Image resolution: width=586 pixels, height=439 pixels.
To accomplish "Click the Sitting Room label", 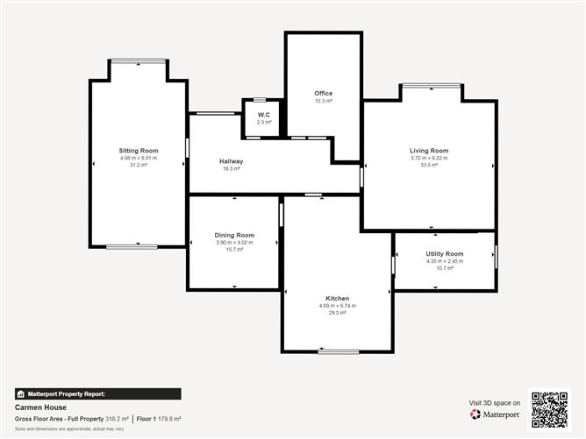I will click(139, 151).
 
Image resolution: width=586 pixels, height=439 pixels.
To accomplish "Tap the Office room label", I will click(324, 93).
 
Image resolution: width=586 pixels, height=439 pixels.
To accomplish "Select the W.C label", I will click(263, 115).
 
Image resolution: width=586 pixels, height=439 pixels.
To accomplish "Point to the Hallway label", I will click(232, 161).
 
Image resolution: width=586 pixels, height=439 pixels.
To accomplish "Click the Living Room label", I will click(429, 151).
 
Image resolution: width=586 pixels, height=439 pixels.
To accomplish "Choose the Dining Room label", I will click(234, 235).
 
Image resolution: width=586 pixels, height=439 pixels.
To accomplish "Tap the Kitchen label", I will click(338, 299).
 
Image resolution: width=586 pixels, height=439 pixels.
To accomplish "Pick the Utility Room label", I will click(445, 253).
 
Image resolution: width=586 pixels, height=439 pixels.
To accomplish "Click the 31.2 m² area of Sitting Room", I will click(139, 165).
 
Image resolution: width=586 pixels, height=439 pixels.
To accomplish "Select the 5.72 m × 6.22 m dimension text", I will click(429, 158).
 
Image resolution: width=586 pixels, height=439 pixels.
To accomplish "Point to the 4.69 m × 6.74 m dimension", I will click(338, 306).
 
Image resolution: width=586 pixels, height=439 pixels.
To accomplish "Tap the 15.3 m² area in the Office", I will click(324, 101).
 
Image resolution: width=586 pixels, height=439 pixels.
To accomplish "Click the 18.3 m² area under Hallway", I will click(232, 168).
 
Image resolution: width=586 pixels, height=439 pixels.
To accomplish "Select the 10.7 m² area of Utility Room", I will click(445, 267).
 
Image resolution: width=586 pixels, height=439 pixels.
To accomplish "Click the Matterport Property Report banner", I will click(98, 394).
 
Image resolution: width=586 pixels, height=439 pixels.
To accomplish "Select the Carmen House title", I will click(37, 407).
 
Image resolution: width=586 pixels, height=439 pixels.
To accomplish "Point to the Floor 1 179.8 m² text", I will click(160, 419).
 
